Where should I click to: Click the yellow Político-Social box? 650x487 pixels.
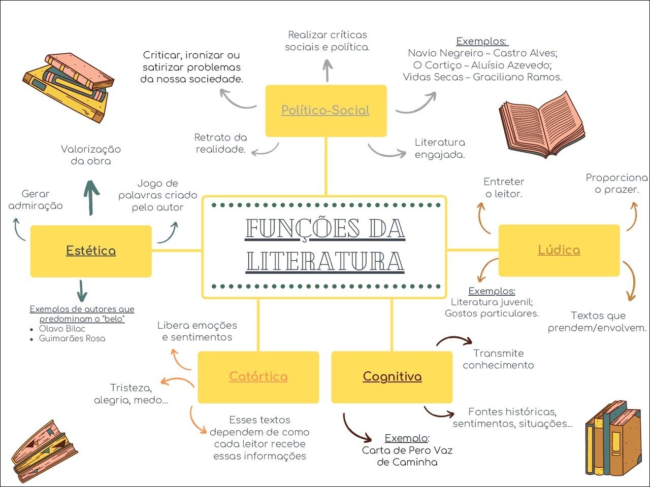(x=326, y=111)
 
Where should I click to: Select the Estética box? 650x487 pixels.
(x=91, y=251)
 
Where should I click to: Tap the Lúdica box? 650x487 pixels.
(x=559, y=250)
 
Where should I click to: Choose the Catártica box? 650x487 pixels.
(x=258, y=377)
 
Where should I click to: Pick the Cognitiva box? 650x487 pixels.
(x=392, y=377)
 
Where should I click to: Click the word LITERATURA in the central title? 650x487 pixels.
(x=325, y=261)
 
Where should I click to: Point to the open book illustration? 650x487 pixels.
(x=541, y=125)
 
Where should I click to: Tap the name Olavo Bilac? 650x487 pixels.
(x=62, y=329)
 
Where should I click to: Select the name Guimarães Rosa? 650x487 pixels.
(x=72, y=339)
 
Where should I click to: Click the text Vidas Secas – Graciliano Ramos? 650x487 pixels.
(x=482, y=77)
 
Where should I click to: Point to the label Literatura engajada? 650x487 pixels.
(x=440, y=149)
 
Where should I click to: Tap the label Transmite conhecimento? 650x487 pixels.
(x=498, y=359)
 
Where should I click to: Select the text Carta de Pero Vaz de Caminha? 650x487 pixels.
(x=407, y=456)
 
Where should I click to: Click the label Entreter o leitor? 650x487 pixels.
(x=504, y=188)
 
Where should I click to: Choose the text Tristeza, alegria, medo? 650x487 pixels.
(x=131, y=394)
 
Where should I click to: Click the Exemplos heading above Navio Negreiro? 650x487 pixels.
(x=481, y=42)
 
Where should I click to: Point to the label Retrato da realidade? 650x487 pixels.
(x=221, y=144)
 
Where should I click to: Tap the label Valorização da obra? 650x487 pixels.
(x=91, y=155)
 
